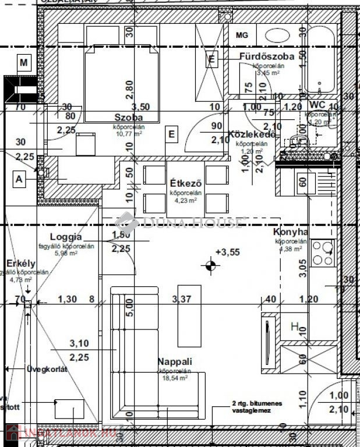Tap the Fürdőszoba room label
[266, 56]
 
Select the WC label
[317, 104]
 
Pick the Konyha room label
[291, 232]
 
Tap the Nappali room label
[174, 361]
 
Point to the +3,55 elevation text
[227, 252]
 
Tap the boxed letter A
[20, 180]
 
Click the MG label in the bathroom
[242, 35]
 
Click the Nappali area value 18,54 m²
[174, 378]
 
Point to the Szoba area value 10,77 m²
[129, 133]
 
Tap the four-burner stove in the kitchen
[322, 253]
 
